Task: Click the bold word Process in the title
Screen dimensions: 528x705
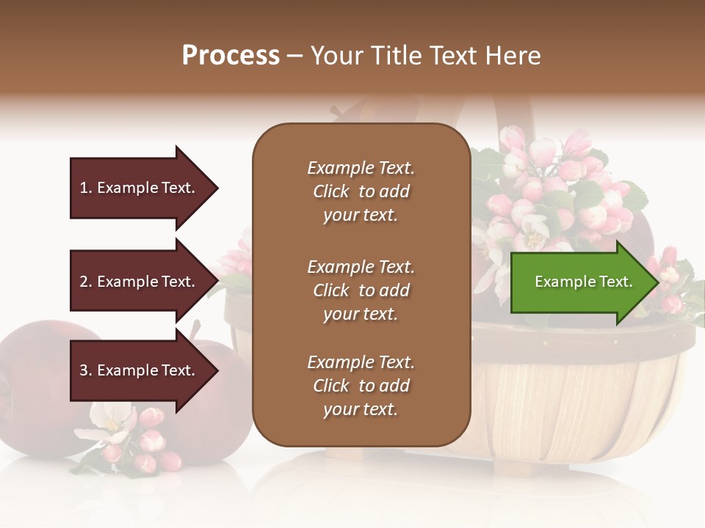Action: click(x=231, y=56)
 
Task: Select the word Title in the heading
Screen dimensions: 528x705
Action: click(x=397, y=56)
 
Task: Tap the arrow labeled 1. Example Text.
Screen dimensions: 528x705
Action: click(x=140, y=188)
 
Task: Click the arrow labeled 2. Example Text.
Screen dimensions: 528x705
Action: click(x=140, y=282)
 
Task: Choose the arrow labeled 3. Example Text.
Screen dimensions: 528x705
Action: click(x=140, y=370)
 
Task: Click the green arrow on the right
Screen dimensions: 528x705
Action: click(x=580, y=282)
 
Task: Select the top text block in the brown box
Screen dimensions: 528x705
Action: click(x=361, y=191)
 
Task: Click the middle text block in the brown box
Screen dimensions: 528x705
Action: click(x=361, y=290)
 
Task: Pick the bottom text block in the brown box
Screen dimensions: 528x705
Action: click(x=361, y=386)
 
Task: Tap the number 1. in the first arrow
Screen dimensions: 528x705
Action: click(x=86, y=188)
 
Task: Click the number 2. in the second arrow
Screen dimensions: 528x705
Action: click(x=86, y=282)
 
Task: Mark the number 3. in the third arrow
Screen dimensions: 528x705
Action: click(x=86, y=370)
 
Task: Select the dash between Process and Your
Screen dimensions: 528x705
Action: click(x=294, y=56)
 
